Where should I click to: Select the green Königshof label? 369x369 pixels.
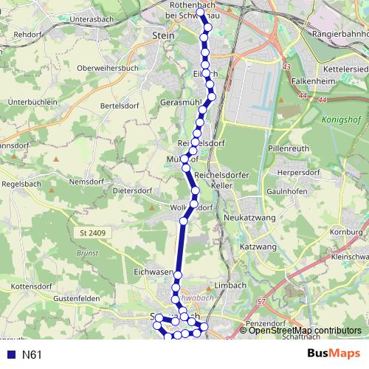tap(339, 118)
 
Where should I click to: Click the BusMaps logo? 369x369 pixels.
tap(333, 354)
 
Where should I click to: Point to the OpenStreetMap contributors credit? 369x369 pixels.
tap(305, 331)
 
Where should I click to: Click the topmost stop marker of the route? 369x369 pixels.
tap(201, 13)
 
